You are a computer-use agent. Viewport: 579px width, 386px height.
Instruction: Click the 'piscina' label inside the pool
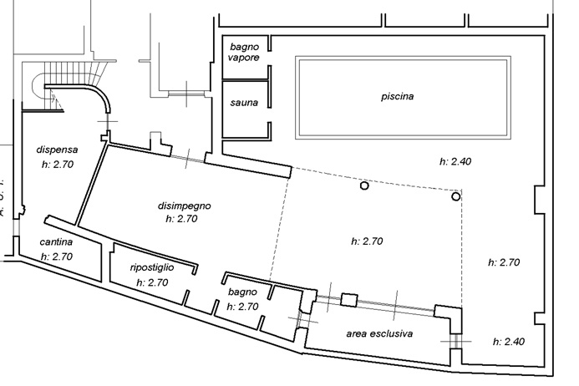[x=398, y=97]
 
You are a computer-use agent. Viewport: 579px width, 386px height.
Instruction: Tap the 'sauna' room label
[x=244, y=103]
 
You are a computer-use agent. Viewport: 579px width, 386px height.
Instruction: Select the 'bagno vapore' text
[x=244, y=53]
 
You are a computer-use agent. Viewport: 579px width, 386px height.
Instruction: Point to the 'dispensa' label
[x=58, y=150]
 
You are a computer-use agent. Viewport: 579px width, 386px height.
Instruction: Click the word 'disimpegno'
[x=185, y=206]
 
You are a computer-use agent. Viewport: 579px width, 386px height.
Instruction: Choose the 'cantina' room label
[x=56, y=242]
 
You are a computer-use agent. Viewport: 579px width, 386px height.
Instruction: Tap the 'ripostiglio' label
[x=152, y=268]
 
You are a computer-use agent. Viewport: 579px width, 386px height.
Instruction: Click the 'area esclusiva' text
[x=379, y=334]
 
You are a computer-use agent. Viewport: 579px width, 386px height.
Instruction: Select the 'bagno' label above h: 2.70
[x=242, y=292]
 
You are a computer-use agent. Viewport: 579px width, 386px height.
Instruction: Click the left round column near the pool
[x=364, y=185]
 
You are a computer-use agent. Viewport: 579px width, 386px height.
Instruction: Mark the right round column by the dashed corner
[x=456, y=196]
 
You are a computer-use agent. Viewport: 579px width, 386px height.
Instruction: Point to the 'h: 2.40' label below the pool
[x=455, y=162]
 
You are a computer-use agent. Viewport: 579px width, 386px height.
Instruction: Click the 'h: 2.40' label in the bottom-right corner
[x=509, y=342]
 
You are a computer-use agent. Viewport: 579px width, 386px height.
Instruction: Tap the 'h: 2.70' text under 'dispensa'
[x=58, y=165]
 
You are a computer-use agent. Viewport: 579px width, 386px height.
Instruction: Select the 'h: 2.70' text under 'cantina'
[x=57, y=256]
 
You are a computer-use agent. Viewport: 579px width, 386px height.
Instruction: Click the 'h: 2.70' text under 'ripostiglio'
[x=152, y=283]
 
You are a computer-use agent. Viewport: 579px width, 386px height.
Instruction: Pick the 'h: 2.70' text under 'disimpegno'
[x=181, y=219]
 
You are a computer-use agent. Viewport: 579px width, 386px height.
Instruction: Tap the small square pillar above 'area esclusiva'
[x=349, y=300]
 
